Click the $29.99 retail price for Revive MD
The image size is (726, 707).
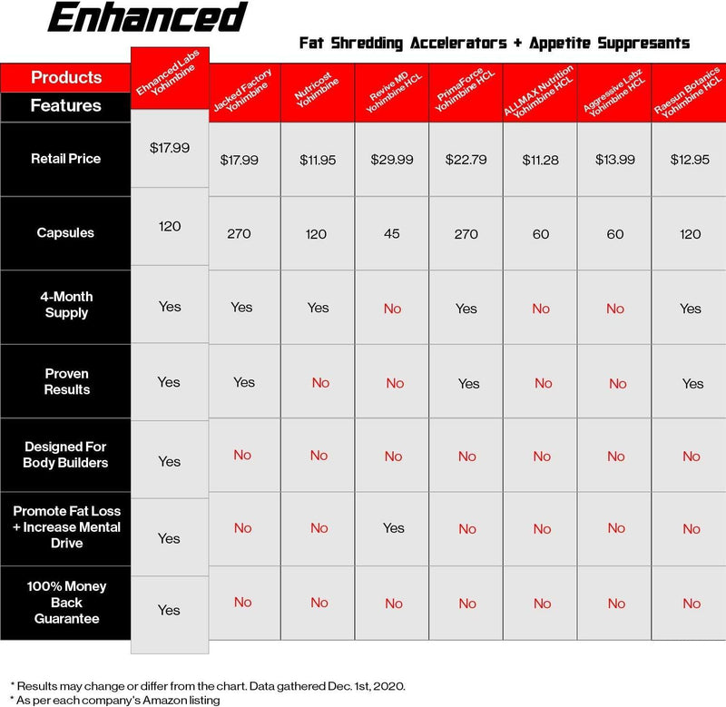tap(392, 160)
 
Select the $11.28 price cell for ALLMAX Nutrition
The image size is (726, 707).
tap(541, 160)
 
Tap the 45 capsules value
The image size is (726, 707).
tap(392, 234)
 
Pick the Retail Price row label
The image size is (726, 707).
tap(66, 159)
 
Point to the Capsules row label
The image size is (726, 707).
tap(66, 233)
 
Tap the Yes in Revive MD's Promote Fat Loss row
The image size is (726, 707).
tap(393, 527)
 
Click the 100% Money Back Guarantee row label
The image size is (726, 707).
tap(66, 603)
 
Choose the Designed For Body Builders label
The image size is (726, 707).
tap(66, 455)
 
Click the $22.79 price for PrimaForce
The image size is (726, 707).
tap(466, 160)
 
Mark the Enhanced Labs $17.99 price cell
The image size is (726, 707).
tap(170, 147)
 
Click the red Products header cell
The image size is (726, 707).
tap(66, 78)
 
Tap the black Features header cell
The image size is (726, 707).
tap(66, 106)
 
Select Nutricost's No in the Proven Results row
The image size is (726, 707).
tap(320, 383)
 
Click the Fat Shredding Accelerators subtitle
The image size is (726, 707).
tap(495, 43)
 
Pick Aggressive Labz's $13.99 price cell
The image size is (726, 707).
tap(615, 160)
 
